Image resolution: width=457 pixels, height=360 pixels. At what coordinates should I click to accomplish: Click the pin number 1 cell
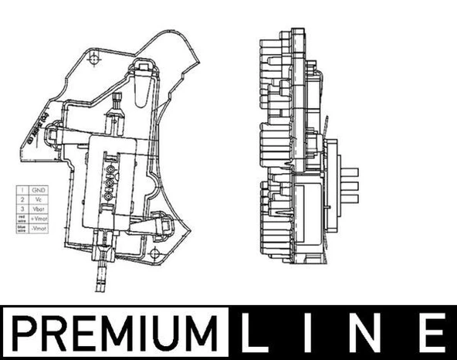[22, 189]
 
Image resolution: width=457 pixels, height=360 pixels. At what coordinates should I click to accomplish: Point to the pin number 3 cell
[22, 209]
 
